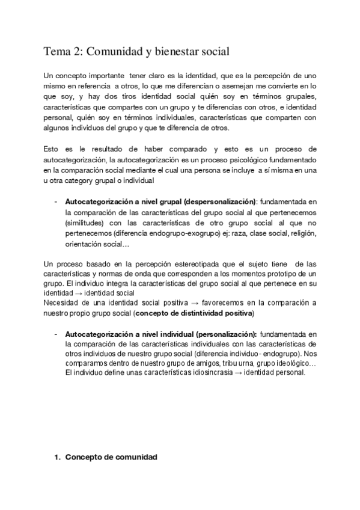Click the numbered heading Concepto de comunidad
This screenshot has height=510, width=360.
[111, 457]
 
